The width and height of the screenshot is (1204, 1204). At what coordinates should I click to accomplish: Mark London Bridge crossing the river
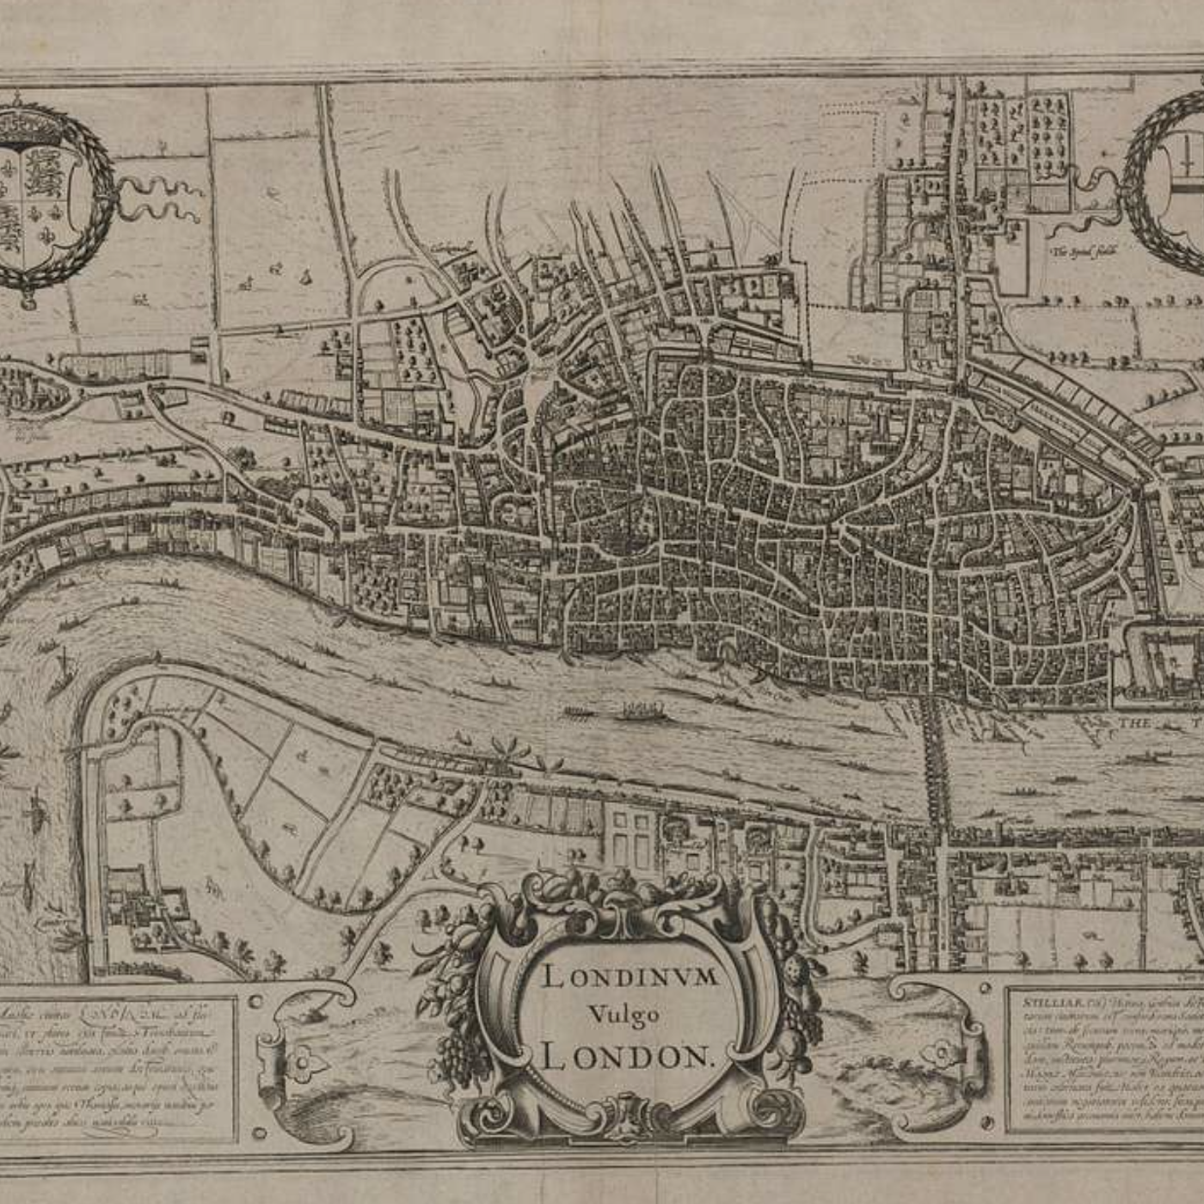(x=935, y=757)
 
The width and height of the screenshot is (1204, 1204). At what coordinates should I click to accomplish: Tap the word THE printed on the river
(x=1134, y=723)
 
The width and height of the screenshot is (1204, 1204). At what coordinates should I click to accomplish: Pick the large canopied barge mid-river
(x=640, y=710)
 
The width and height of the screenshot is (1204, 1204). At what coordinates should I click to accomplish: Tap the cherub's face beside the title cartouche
(x=795, y=975)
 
